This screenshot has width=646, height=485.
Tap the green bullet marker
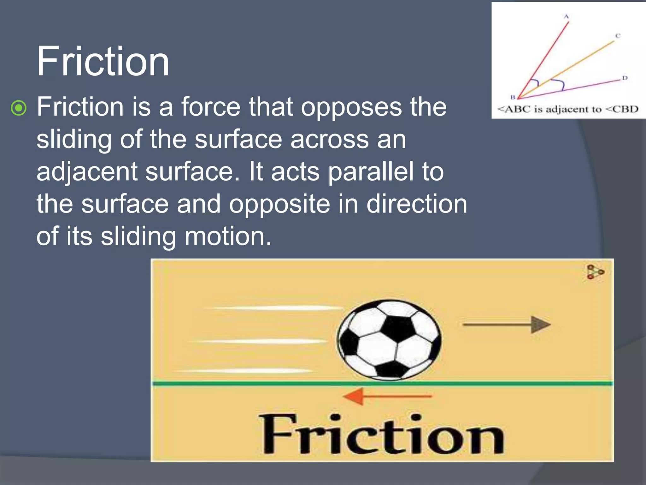click(x=19, y=108)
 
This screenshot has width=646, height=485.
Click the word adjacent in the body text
click(x=87, y=172)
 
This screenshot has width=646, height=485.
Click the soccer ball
click(x=389, y=340)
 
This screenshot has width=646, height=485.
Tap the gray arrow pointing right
click(x=507, y=325)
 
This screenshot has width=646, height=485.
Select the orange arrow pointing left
click(x=387, y=396)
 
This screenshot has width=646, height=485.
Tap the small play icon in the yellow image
click(x=595, y=272)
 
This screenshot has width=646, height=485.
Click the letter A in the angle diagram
click(x=566, y=16)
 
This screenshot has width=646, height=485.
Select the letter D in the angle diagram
click(x=625, y=78)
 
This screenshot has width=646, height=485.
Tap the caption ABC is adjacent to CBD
click(x=568, y=109)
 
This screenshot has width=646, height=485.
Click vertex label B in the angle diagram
click(x=513, y=97)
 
